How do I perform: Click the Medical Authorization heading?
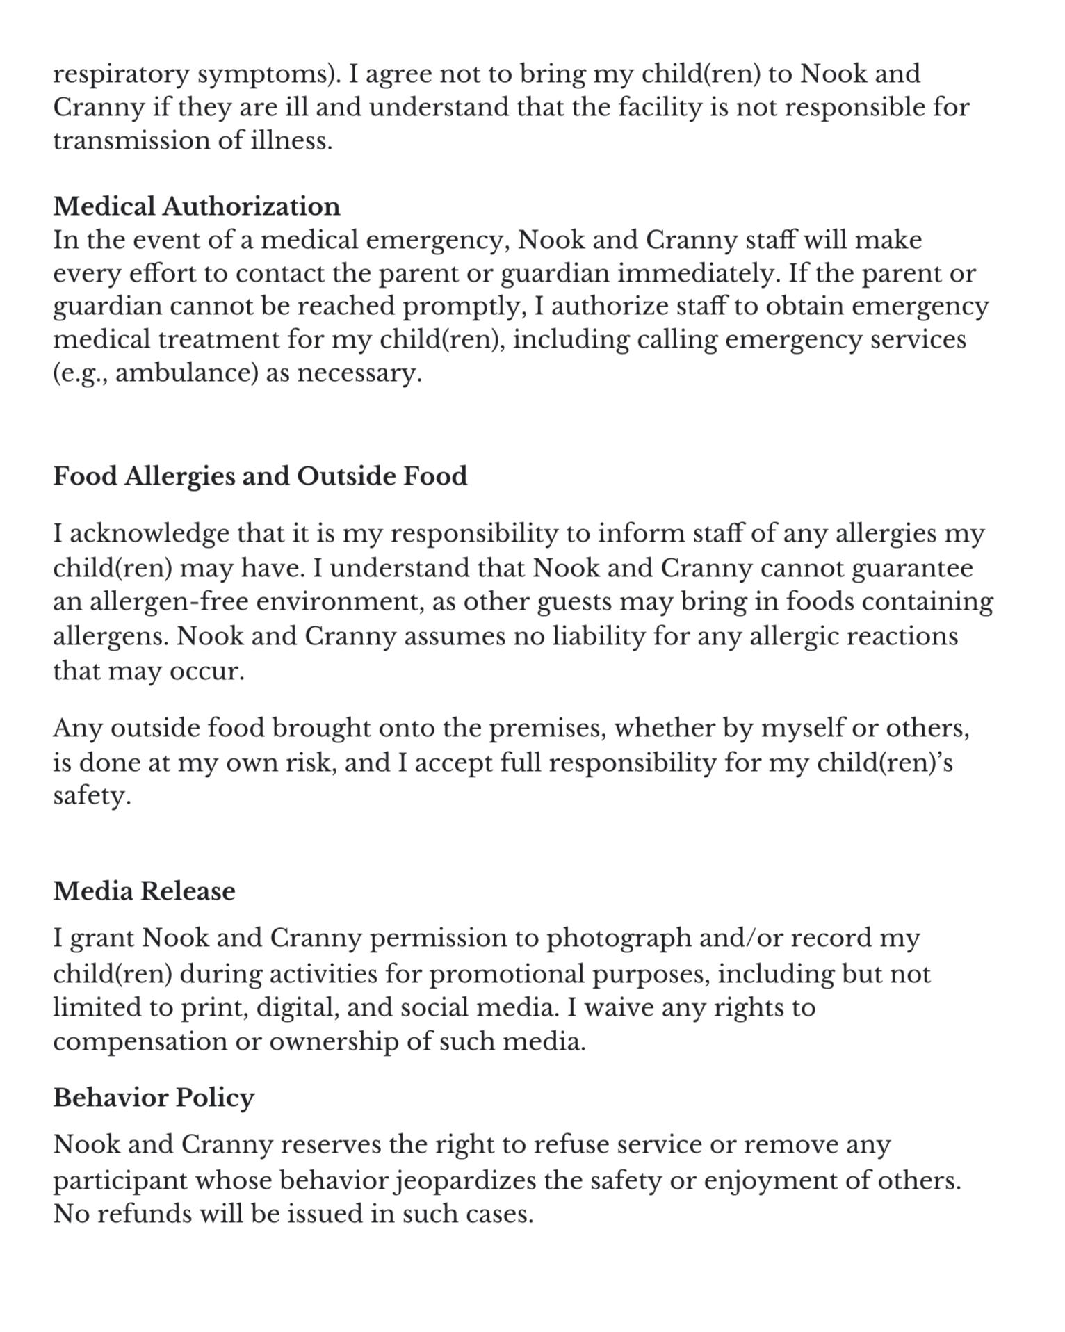pos(197,206)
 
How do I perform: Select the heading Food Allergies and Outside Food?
pos(260,476)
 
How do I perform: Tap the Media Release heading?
pos(144,891)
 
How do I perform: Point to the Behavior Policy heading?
pos(154,1098)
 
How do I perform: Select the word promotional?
pos(507,975)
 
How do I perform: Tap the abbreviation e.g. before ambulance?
pos(81,373)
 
